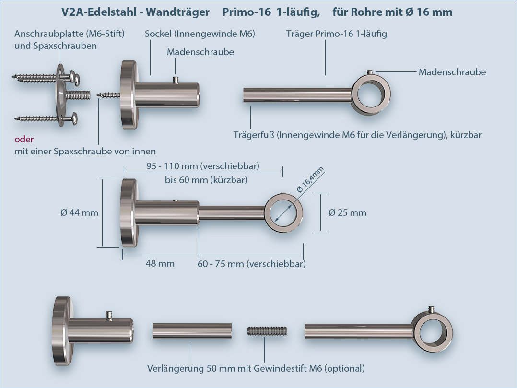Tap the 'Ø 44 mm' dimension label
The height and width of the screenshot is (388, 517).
(x=80, y=212)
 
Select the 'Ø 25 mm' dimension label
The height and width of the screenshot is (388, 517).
(x=347, y=212)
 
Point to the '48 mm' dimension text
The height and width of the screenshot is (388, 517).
(x=160, y=263)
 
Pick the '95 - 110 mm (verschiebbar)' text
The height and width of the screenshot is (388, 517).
(x=202, y=166)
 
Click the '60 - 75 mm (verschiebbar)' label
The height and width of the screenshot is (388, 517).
(x=252, y=264)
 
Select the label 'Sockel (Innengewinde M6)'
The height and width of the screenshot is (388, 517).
(x=200, y=34)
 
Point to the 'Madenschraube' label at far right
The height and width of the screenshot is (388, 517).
(x=452, y=72)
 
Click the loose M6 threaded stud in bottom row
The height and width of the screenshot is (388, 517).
(x=267, y=331)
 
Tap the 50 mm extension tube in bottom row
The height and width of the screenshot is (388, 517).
(x=192, y=331)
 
